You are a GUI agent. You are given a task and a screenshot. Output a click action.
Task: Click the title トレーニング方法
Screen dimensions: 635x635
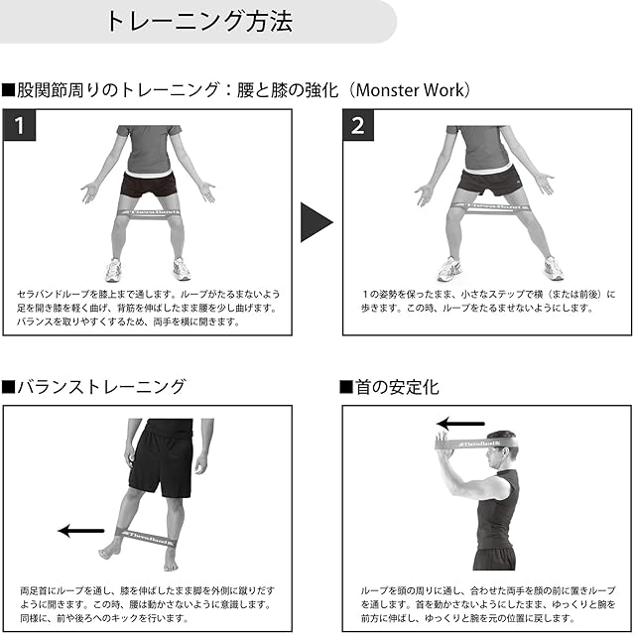[198, 21]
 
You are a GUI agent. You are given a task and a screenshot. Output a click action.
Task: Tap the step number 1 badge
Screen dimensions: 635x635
[20, 126]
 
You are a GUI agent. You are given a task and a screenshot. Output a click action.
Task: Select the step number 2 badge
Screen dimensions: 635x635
[358, 126]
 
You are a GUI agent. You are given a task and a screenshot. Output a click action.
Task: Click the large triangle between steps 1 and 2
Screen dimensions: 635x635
[317, 222]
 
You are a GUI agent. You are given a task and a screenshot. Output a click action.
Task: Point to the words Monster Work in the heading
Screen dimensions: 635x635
[410, 90]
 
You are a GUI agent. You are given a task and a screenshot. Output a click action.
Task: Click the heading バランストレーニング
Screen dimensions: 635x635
[101, 387]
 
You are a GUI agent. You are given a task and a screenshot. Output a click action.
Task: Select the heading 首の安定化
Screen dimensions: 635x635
[397, 387]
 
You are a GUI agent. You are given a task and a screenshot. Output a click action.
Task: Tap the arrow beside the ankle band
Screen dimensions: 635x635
[81, 531]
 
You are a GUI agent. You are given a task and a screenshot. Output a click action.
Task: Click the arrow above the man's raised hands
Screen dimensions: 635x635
[460, 424]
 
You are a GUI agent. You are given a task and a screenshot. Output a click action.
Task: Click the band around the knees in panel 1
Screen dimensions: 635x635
[148, 214]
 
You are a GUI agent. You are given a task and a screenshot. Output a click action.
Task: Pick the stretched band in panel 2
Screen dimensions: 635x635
[491, 208]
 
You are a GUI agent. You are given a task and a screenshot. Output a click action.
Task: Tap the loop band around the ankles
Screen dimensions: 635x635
[145, 537]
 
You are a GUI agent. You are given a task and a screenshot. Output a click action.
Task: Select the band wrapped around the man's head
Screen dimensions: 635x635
[477, 444]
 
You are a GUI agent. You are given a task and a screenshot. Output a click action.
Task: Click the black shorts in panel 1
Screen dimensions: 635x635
[149, 185]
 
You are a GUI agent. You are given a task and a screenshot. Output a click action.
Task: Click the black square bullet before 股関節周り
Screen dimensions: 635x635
[8, 90]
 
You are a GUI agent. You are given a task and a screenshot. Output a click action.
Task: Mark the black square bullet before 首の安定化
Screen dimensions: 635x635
[346, 387]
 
